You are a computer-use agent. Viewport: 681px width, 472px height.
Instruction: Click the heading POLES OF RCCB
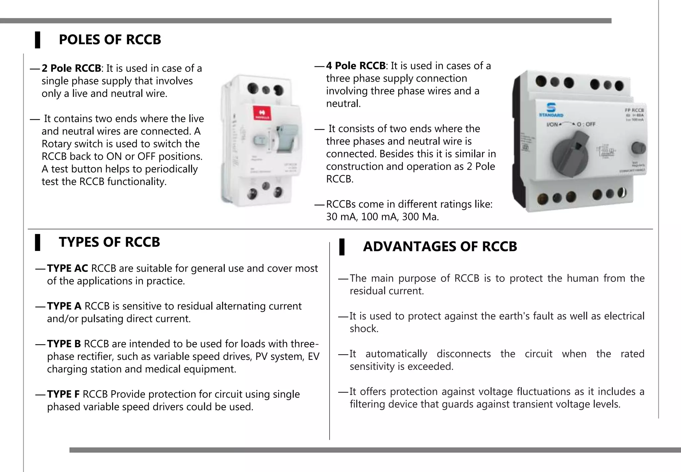tap(110, 40)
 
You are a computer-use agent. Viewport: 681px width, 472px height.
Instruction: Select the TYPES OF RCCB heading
tap(109, 242)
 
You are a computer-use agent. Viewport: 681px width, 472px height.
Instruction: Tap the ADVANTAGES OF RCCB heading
tap(440, 247)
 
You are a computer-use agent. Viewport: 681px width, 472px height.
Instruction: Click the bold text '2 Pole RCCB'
tap(71, 68)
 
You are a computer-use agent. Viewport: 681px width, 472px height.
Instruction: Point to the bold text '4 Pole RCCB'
tap(355, 66)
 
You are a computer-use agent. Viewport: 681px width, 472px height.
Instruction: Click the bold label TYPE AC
tap(68, 268)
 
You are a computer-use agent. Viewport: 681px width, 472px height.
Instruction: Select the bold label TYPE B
tap(64, 344)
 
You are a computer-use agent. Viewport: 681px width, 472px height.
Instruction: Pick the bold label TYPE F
tap(63, 394)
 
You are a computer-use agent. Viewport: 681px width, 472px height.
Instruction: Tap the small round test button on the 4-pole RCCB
tap(638, 148)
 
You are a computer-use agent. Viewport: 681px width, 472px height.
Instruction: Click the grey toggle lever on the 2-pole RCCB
tap(285, 138)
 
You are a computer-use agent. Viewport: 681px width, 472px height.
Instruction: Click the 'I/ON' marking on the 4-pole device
tap(552, 124)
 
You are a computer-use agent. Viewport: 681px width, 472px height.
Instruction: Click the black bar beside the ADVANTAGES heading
tap(341, 247)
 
